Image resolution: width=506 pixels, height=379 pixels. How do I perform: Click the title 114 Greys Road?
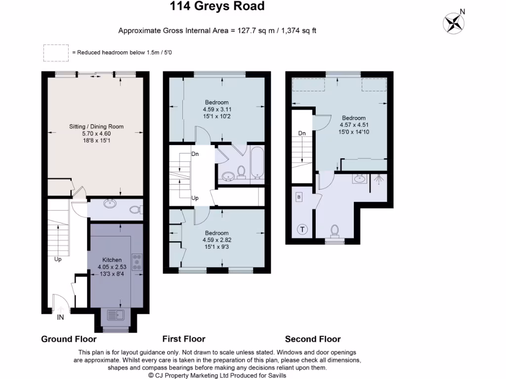217,6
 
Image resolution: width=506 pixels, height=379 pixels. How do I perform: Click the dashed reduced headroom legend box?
55,53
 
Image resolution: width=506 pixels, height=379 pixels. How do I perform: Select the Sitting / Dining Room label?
96,127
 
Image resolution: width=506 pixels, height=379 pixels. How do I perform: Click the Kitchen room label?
112,260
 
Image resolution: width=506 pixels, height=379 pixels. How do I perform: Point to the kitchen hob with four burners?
137,262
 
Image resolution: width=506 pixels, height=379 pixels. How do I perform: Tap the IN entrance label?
60,318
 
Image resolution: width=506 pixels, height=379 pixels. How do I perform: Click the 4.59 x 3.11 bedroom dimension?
216,110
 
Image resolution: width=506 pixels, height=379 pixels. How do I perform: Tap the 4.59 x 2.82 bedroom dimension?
216,240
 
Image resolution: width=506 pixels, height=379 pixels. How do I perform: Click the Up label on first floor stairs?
195,198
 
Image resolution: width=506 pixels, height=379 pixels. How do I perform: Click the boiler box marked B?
298,197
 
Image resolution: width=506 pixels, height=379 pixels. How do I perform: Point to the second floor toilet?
336,230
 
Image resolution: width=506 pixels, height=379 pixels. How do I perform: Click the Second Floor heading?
313,339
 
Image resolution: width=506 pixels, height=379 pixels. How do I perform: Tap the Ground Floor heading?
68,339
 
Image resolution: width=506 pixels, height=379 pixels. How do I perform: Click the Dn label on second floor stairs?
301,133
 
